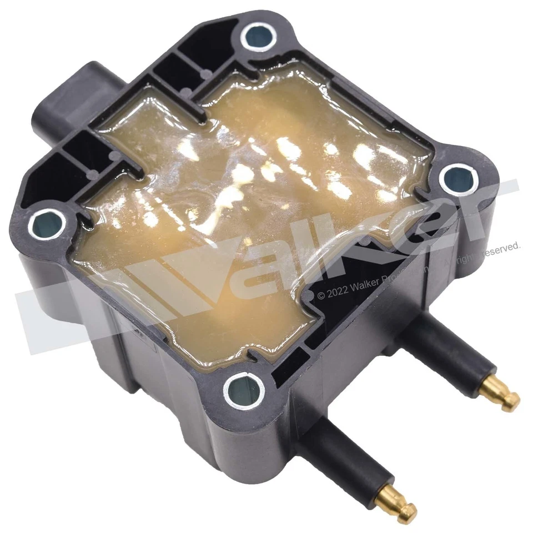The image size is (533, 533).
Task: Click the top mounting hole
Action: [259, 38]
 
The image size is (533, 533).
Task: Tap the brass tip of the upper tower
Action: [503, 394]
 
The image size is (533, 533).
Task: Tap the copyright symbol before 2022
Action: [321, 296]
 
